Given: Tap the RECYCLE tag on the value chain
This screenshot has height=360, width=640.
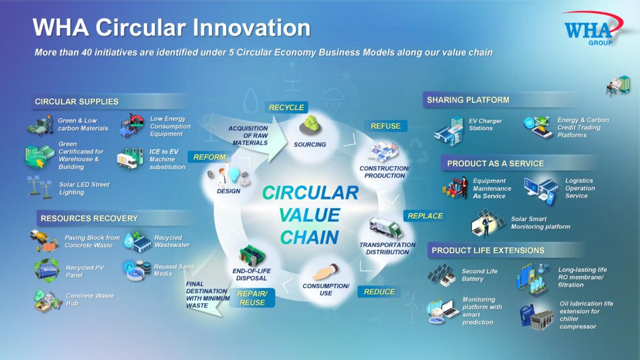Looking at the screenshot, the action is tap(286, 107).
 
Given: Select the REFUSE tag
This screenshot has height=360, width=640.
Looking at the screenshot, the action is tap(386, 126).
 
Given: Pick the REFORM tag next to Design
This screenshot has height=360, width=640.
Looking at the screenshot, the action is tap(209, 157).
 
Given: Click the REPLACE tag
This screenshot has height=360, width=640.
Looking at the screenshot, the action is tap(425, 216).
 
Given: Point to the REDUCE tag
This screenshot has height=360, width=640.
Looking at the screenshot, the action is tap(379, 292).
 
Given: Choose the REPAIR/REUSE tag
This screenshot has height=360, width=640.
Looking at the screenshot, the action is tap(252, 298).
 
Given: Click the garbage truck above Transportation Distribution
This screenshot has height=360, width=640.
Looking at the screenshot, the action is tap(386, 227).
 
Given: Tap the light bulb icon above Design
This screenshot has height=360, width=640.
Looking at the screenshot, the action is tap(234, 174).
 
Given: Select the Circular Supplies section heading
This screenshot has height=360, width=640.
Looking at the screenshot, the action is tap(77, 102).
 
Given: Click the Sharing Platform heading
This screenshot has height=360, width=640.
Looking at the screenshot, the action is tap(467, 100).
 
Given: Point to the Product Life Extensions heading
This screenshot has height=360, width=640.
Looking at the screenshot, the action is tap(487, 250).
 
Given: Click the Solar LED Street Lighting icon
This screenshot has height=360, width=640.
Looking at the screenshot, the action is tap(39, 187).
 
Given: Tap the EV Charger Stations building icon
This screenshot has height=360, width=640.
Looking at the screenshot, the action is tap(449, 131).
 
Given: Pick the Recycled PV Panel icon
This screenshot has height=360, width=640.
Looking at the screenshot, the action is tap(47, 271).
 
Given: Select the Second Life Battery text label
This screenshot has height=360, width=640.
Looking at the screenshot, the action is tap(479, 275).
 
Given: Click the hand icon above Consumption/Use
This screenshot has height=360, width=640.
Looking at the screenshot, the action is tap(325, 271).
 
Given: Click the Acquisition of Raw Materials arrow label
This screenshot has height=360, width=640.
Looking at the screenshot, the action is tap(248, 136).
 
